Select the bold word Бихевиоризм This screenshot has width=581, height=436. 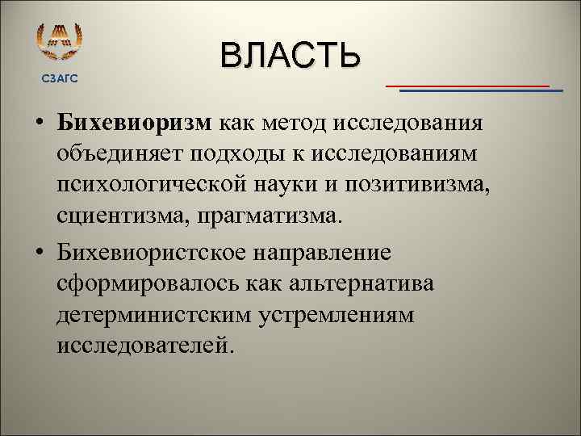click(x=134, y=122)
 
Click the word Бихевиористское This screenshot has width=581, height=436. click(x=153, y=253)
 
